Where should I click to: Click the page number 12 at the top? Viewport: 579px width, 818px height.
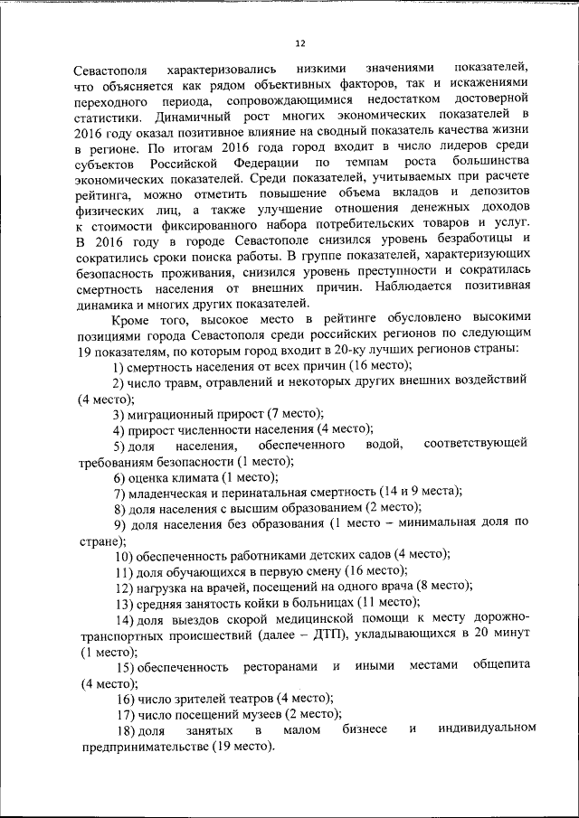pyautogui.click(x=300, y=42)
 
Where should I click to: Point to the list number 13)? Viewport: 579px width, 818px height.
pyautogui.click(x=124, y=602)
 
